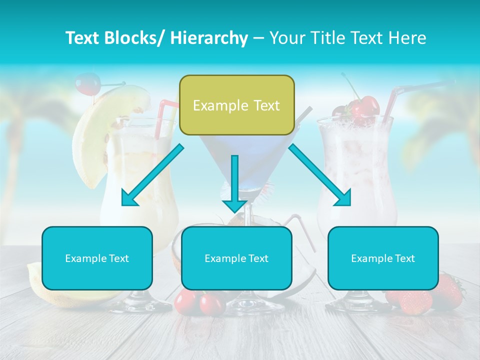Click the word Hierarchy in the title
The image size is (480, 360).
(x=209, y=38)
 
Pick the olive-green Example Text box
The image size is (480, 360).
(x=236, y=105)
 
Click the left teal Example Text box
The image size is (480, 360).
(x=97, y=258)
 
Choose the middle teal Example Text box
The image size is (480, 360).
(x=236, y=258)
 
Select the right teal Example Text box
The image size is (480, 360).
(x=383, y=258)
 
